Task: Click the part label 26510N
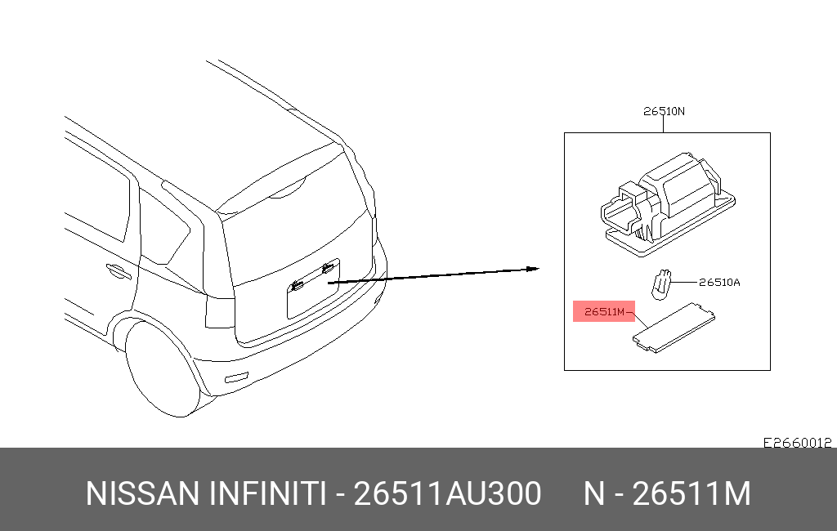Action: pos(664,111)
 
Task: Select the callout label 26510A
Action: pos(719,283)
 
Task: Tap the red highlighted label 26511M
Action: pos(604,312)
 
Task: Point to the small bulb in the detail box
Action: pos(660,284)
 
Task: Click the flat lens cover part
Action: pos(674,327)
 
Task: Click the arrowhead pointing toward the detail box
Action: pos(533,269)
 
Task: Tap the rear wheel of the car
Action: pos(160,368)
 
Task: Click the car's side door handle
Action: pos(119,271)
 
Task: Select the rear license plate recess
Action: pos(313,289)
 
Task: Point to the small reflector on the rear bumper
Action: pos(236,377)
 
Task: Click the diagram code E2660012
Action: pos(797,443)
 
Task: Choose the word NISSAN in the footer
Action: pos(142,493)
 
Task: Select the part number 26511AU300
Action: pos(447,493)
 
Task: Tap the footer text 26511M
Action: pos(692,493)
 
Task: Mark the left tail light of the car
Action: pos(219,312)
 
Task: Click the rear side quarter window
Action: pos(163,230)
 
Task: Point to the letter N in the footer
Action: pos(593,493)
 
